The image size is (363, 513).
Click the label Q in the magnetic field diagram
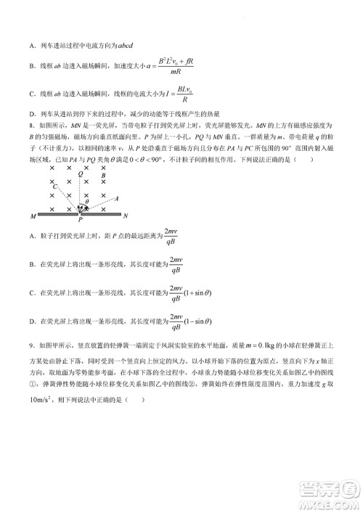click(x=81, y=174)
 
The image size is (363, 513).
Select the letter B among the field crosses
click(x=105, y=175)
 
